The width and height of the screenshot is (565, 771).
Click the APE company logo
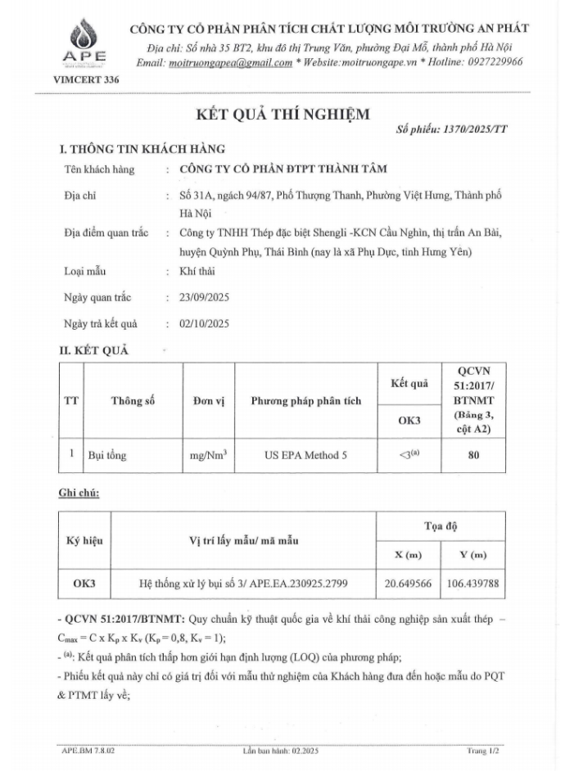tap(84, 43)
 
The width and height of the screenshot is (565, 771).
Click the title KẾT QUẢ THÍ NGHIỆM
tap(282, 114)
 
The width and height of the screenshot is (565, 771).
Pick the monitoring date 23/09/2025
tap(204, 297)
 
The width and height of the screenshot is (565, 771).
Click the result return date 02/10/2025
tap(204, 323)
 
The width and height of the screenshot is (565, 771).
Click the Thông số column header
tap(133, 401)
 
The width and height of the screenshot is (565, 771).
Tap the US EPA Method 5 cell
tap(305, 454)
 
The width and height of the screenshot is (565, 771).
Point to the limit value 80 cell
tap(473, 454)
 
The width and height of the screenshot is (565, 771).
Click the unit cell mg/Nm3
tap(208, 454)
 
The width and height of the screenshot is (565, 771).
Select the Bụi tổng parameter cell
tap(107, 454)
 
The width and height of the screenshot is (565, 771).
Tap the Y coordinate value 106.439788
tap(473, 584)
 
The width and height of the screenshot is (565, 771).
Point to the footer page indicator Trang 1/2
tap(482, 750)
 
